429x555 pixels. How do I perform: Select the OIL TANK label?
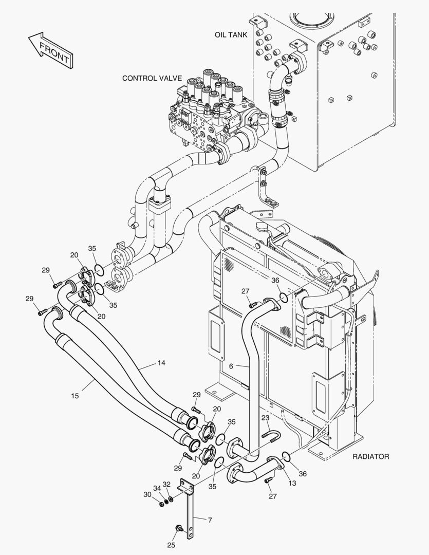pos(231,35)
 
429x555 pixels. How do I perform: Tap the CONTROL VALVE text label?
pos(152,79)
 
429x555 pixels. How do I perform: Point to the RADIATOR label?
pos(370,456)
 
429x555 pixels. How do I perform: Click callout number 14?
pos(161,363)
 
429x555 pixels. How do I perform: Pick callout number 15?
pos(76,396)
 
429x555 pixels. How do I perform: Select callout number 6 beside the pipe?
pos(231,366)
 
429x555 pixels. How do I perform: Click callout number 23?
pos(265,418)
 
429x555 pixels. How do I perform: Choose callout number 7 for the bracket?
pos(210,520)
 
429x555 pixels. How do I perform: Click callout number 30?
pos(147,494)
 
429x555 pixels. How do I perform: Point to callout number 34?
pos(157,488)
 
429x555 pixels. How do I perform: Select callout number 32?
pos(166,484)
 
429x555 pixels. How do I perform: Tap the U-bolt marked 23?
pos(272,436)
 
